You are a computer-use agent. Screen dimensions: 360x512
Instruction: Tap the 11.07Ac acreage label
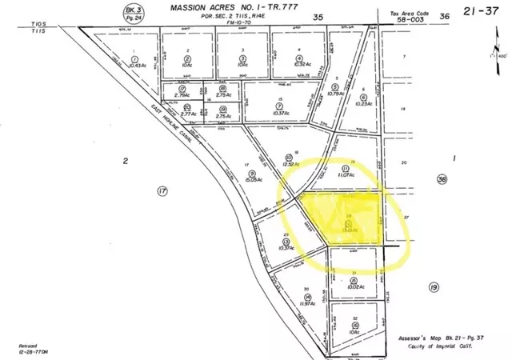(345, 174)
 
